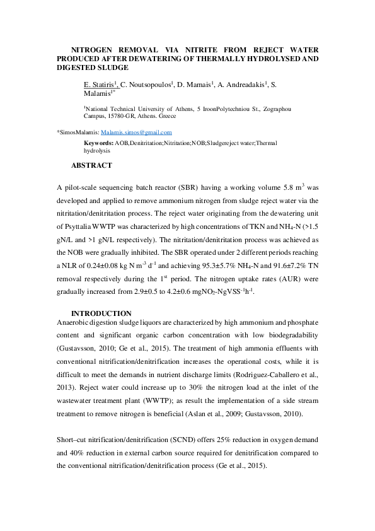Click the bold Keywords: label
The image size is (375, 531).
pyautogui.click(x=99, y=144)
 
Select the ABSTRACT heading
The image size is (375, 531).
pyautogui.click(x=91, y=166)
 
